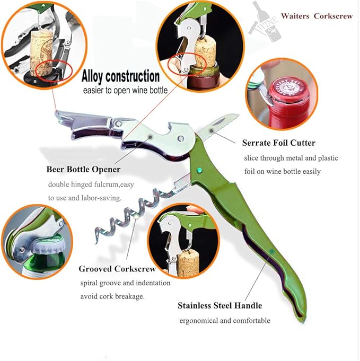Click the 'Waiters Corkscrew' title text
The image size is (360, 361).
coord(317,16)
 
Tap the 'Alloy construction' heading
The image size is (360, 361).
coord(120,76)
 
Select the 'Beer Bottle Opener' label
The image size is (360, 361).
coord(83,170)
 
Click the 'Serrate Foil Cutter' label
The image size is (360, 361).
coord(279,143)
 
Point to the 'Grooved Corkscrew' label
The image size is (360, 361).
coord(117,269)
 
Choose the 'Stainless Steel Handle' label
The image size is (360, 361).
coord(219,305)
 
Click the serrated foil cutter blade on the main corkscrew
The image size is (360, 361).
coord(218,126)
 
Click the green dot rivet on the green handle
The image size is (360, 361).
coord(199,170)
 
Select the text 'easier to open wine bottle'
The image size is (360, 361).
coord(125,90)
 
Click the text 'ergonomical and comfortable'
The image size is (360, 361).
coord(225,321)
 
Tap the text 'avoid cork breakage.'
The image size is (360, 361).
coord(112,296)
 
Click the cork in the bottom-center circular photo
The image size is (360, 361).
coord(188,263)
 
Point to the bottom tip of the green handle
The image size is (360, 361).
coord(303,321)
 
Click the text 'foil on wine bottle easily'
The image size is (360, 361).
coord(283,172)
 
